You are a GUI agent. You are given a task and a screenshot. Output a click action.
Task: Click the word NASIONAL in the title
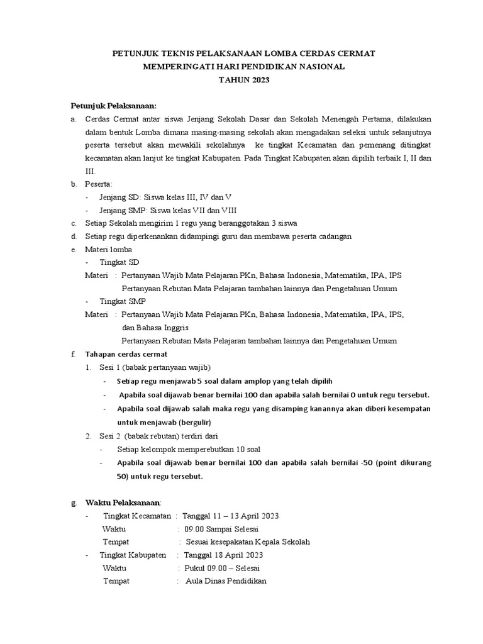(x=318, y=67)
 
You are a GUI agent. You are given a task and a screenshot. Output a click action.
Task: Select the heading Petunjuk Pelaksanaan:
(x=113, y=105)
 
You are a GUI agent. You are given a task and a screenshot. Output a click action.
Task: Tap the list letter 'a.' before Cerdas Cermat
(x=73, y=119)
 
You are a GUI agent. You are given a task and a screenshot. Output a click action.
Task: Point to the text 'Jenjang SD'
(x=121, y=197)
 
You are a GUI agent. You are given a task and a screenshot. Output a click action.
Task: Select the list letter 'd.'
(x=73, y=236)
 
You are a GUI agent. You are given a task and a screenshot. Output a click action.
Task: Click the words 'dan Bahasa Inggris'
(x=155, y=328)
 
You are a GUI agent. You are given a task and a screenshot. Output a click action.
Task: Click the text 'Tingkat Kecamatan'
(x=136, y=516)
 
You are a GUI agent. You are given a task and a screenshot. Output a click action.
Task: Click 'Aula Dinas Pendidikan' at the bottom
(x=226, y=581)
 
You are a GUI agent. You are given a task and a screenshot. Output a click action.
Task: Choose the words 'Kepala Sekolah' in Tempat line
(x=281, y=541)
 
